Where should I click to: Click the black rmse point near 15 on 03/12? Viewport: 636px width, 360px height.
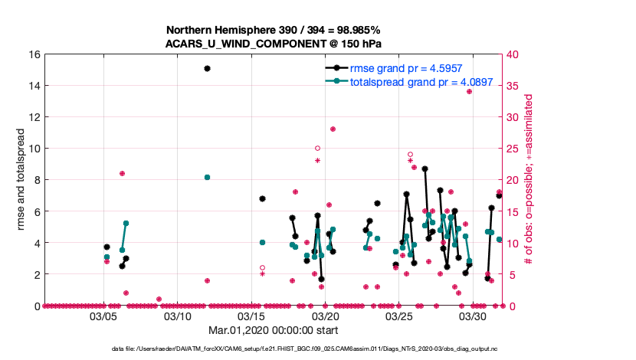(207, 68)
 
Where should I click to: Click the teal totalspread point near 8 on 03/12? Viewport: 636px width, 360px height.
(207, 177)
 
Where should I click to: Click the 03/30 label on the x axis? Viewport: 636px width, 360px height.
(474, 316)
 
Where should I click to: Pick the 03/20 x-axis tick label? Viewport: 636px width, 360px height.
(326, 316)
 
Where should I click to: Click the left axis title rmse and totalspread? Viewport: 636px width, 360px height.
(22, 180)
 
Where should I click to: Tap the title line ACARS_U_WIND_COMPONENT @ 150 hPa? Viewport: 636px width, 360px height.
(274, 44)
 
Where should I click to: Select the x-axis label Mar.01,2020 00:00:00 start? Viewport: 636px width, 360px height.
(274, 331)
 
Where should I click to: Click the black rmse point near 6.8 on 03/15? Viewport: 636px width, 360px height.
(262, 198)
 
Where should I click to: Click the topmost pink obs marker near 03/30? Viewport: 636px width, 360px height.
(469, 92)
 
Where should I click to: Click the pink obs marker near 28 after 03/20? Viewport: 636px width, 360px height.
(333, 129)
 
